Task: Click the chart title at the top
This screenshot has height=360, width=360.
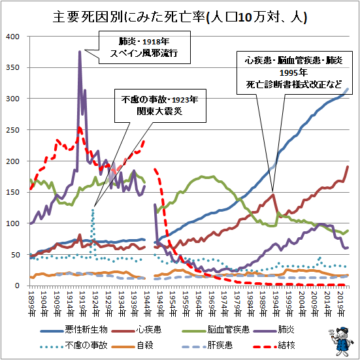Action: pyautogui.click(x=180, y=15)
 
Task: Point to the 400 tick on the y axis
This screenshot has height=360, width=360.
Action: pyautogui.click(x=14, y=36)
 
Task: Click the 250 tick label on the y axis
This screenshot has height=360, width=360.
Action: pyautogui.click(x=14, y=130)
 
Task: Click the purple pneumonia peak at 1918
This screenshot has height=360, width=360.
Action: pyautogui.click(x=80, y=52)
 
